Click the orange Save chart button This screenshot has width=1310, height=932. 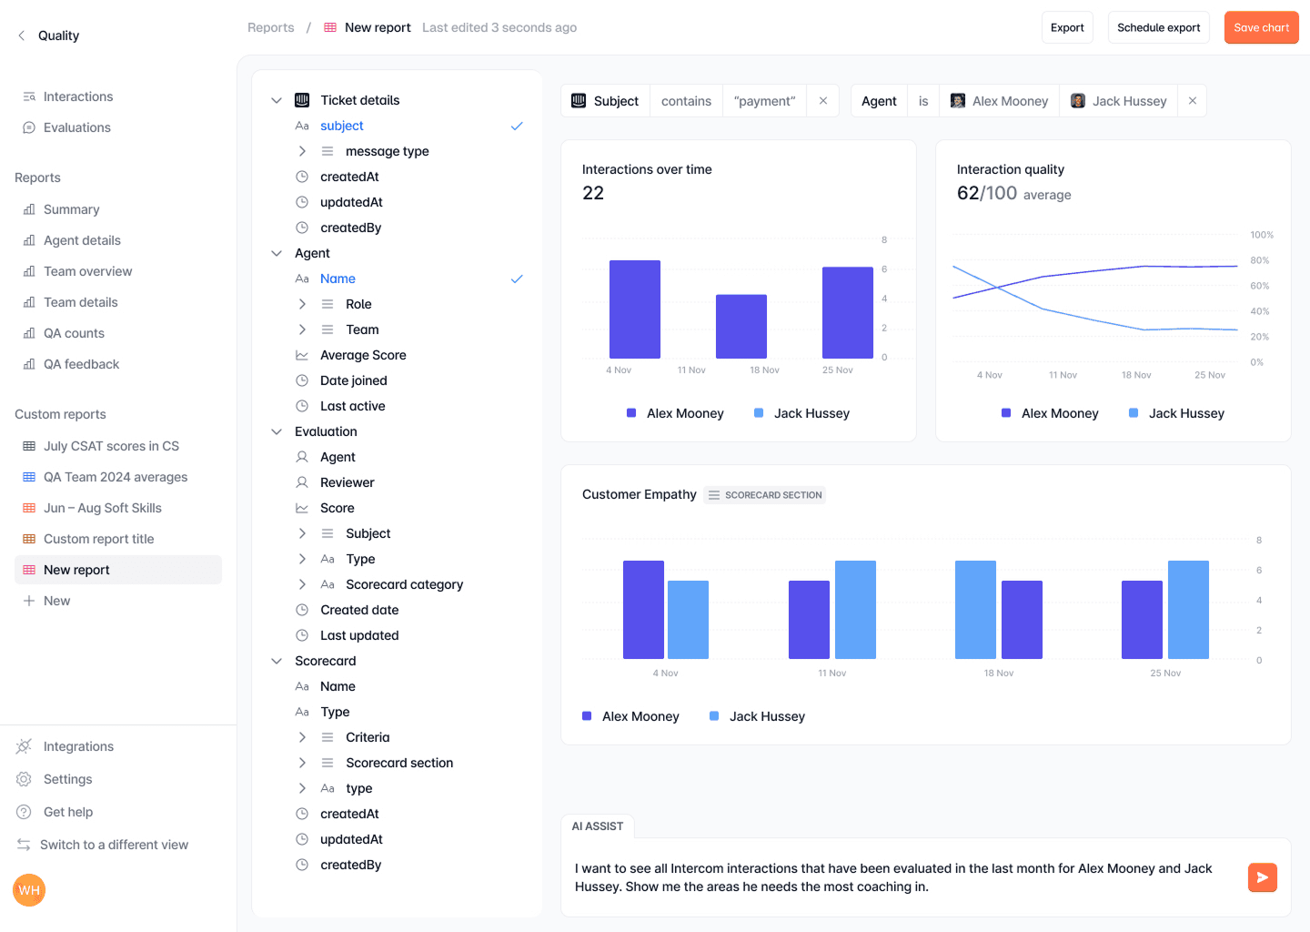pyautogui.click(x=1261, y=27)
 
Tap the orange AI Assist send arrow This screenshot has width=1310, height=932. pyautogui.click(x=1262, y=877)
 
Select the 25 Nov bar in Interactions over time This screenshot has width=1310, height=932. pyautogui.click(x=848, y=312)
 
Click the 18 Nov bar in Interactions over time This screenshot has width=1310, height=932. pyautogui.click(x=741, y=326)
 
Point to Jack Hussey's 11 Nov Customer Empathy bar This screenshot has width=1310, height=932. pyautogui.click(x=855, y=610)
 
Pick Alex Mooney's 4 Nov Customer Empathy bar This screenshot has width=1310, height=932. pyautogui.click(x=643, y=610)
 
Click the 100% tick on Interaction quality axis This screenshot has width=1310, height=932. pyautogui.click(x=1262, y=235)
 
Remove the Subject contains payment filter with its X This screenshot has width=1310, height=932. pyautogui.click(x=822, y=101)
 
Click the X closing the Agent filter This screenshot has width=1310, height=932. pyautogui.click(x=1192, y=101)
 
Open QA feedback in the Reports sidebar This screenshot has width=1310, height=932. pyautogui.click(x=81, y=364)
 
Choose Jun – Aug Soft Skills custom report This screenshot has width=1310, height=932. pyautogui.click(x=102, y=508)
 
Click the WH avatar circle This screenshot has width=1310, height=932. pyautogui.click(x=29, y=890)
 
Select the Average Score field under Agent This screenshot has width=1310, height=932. pyautogui.click(x=363, y=355)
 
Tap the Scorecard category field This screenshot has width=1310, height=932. pyautogui.click(x=404, y=584)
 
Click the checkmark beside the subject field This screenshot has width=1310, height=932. pyautogui.click(x=517, y=126)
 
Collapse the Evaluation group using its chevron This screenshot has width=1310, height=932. pyautogui.click(x=277, y=431)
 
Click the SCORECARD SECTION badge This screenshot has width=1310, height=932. pyautogui.click(x=764, y=495)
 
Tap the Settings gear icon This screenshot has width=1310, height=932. pyautogui.click(x=24, y=779)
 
